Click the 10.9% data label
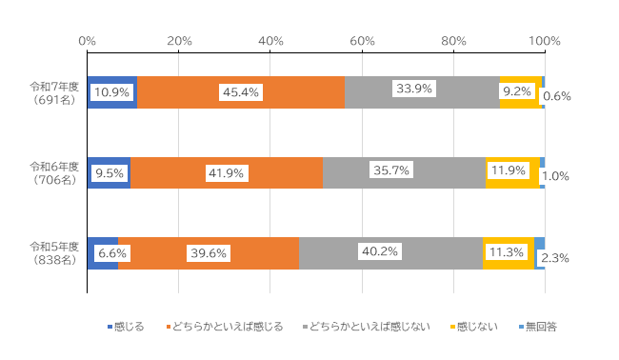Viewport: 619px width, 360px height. [x=112, y=93]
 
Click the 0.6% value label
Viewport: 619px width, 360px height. [x=556, y=96]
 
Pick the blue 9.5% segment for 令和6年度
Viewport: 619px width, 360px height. [x=109, y=160]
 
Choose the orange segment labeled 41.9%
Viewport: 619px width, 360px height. [x=227, y=159]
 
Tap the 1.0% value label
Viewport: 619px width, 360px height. [x=556, y=175]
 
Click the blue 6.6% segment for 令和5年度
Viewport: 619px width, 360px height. [x=103, y=239]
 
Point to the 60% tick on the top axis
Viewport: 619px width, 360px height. [x=362, y=41]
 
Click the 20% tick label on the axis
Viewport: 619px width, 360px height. [x=179, y=41]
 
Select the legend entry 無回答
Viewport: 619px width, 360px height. [x=536, y=327]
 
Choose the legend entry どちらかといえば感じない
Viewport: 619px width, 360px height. [x=368, y=327]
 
